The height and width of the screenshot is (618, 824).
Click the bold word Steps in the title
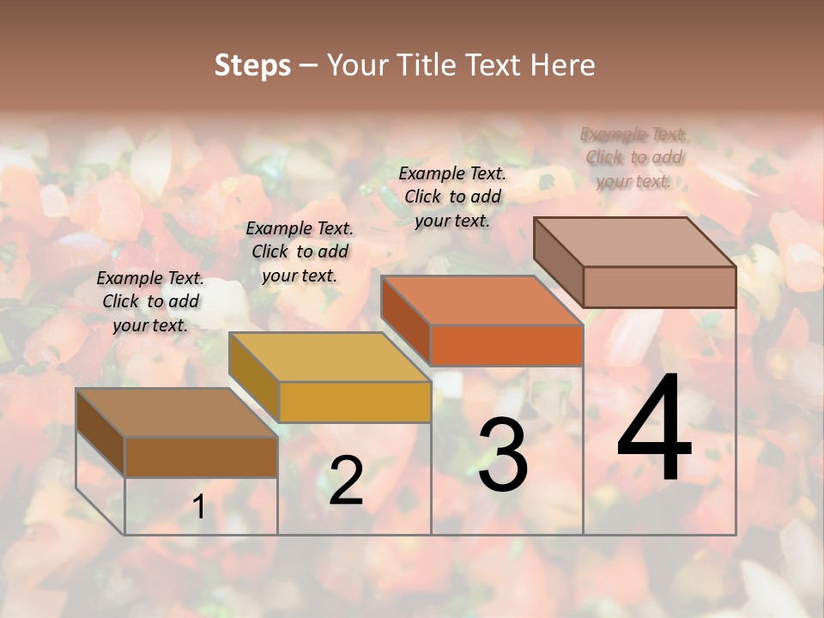[x=252, y=65]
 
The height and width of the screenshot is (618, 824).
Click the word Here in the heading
[x=562, y=65]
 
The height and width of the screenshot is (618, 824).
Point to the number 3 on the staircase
[x=502, y=455]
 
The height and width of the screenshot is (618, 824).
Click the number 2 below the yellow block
[x=346, y=481]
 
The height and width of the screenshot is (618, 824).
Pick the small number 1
[x=198, y=506]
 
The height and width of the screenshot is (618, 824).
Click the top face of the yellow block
[x=329, y=356]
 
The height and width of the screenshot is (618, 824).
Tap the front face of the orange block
[x=506, y=345]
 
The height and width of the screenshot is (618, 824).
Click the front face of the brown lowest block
[x=201, y=457]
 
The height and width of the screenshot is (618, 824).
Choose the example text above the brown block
[x=150, y=301]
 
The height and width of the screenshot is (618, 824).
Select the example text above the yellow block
[x=300, y=251]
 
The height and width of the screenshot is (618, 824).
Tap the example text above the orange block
[x=452, y=197]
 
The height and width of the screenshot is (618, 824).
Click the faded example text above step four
[x=633, y=157]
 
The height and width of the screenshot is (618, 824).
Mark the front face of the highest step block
[x=659, y=287]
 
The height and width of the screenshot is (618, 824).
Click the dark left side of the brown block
[x=100, y=432]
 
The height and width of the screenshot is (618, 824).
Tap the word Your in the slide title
[x=356, y=65]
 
